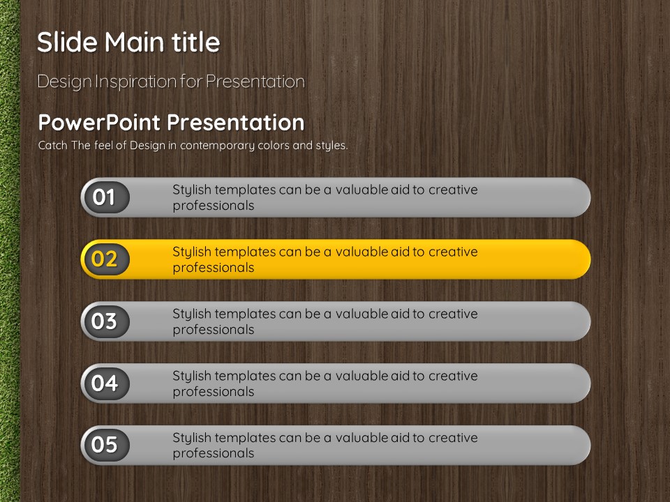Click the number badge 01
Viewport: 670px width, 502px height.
click(105, 197)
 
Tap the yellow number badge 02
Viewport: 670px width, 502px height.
click(105, 259)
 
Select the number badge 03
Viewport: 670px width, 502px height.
click(105, 321)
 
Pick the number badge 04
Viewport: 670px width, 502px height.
click(105, 383)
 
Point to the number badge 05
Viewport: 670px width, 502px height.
click(105, 445)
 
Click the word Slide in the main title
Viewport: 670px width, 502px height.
click(68, 42)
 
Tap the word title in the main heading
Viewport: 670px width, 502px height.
click(195, 42)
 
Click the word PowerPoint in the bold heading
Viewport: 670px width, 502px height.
click(100, 123)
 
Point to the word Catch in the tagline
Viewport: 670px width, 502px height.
click(53, 145)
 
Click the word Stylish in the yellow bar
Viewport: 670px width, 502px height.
click(192, 252)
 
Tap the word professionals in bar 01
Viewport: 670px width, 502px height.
click(214, 205)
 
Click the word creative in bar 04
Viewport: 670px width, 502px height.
click(453, 376)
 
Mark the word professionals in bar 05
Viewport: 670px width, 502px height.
click(214, 453)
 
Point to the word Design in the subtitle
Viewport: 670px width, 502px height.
click(64, 82)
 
